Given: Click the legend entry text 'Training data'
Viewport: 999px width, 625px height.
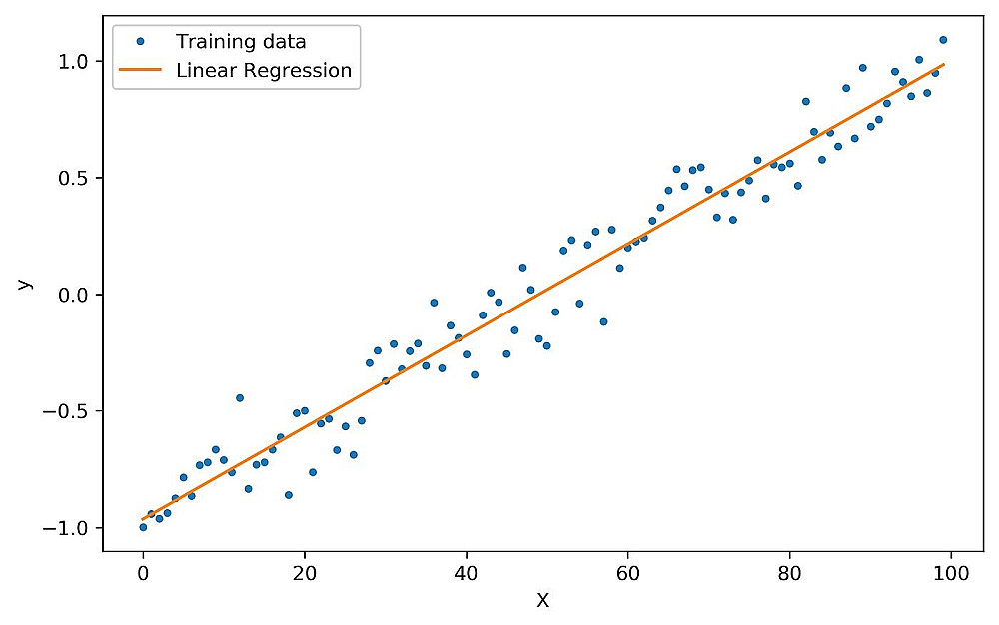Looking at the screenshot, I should pyautogui.click(x=241, y=42).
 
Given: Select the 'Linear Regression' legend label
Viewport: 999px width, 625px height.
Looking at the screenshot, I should pyautogui.click(x=263, y=71).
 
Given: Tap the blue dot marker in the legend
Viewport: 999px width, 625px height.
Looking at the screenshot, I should pyautogui.click(x=139, y=42).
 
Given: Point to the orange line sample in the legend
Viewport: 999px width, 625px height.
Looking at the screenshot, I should pyautogui.click(x=139, y=71).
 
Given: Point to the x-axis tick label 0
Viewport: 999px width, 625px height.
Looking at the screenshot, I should pyautogui.click(x=143, y=574).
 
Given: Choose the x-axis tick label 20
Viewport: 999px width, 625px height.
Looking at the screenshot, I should pyautogui.click(x=305, y=574).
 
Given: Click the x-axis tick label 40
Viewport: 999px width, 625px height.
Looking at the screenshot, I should pyautogui.click(x=466, y=574).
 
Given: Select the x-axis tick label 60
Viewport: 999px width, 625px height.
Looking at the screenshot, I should pyautogui.click(x=627, y=574).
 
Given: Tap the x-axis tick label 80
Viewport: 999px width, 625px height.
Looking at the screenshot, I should pyautogui.click(x=789, y=574).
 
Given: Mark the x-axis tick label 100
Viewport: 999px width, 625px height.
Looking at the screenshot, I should pyautogui.click(x=950, y=574).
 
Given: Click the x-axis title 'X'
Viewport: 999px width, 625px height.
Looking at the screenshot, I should pyautogui.click(x=542, y=601).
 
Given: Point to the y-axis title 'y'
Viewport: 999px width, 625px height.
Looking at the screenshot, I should pyautogui.click(x=24, y=284).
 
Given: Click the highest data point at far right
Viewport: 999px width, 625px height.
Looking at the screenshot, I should pyautogui.click(x=943, y=40).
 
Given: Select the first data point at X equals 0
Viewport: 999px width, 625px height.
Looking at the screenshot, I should pyautogui.click(x=143, y=526).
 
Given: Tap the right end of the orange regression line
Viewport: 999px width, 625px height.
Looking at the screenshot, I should pyautogui.click(x=943, y=65).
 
